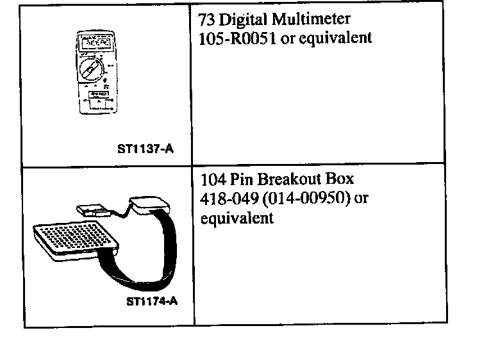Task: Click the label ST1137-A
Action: (145, 151)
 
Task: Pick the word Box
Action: (340, 179)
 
